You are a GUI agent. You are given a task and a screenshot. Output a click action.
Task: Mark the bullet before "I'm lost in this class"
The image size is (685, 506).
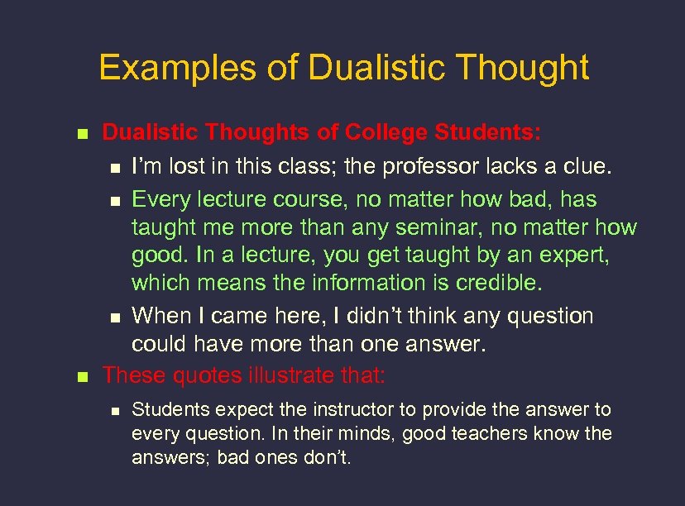(x=114, y=168)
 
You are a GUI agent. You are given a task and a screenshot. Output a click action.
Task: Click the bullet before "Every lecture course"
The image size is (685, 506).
(x=114, y=201)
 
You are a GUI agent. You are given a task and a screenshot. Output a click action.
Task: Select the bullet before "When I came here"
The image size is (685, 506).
(x=114, y=317)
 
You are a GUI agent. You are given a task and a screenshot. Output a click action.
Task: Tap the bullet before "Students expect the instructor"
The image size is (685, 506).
(x=114, y=410)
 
